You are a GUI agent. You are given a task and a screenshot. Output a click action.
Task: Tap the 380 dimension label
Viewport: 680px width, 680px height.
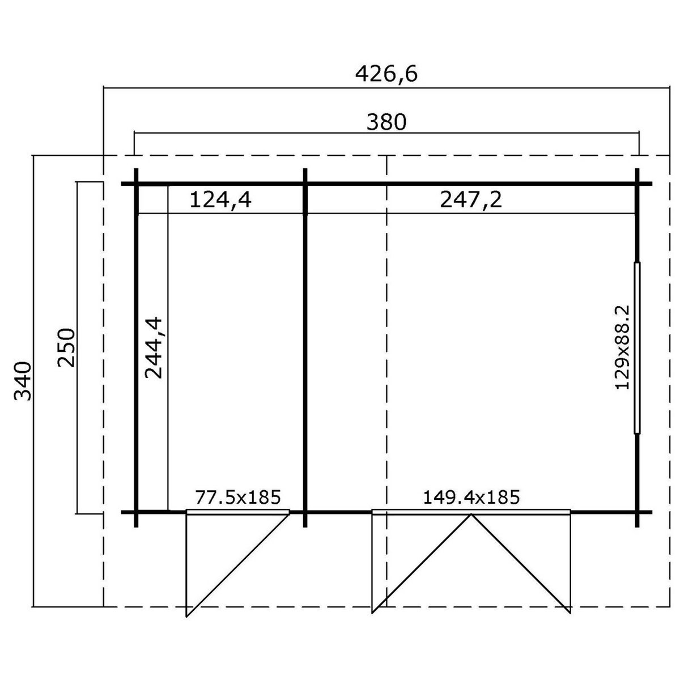[386, 122]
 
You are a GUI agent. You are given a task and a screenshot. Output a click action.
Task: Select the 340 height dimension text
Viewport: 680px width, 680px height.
[23, 381]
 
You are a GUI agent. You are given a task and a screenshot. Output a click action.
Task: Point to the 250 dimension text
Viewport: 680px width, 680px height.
[66, 347]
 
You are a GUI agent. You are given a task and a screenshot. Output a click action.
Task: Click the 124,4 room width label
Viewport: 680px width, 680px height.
[220, 200]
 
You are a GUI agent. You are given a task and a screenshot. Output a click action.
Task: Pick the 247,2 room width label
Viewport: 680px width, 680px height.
[471, 200]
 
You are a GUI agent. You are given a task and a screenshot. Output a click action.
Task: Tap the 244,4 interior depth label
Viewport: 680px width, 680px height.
[154, 347]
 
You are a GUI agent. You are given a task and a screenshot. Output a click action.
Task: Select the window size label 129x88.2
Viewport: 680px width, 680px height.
[622, 347]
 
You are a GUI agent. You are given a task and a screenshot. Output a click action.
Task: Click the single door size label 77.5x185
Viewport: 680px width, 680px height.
[238, 497]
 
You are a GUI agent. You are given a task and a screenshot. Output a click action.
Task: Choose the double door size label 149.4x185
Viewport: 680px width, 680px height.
[471, 497]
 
